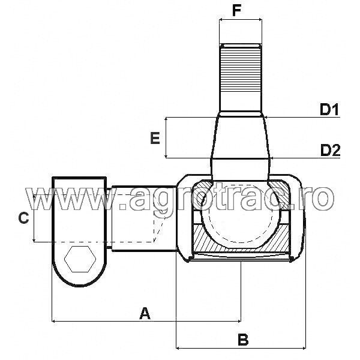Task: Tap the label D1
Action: (329, 110)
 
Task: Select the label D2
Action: (329, 149)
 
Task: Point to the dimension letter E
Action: (155, 139)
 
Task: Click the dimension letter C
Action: (23, 218)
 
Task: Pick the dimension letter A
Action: (144, 313)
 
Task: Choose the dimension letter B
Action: (242, 340)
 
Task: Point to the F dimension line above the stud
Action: (241, 20)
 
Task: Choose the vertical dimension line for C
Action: (35, 218)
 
